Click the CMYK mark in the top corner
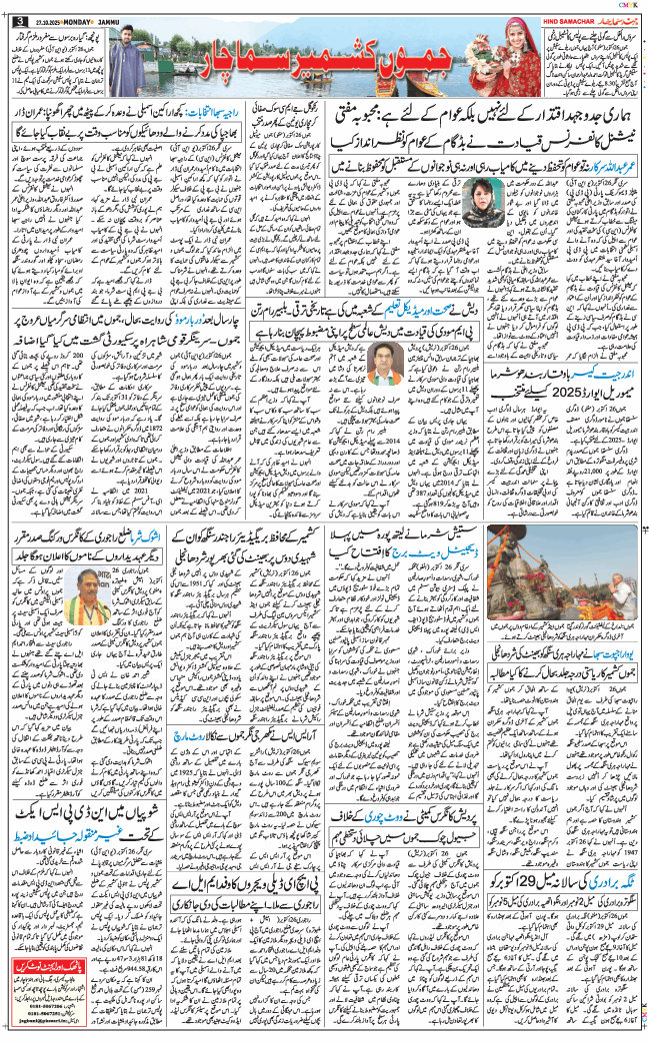[631, 5]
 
